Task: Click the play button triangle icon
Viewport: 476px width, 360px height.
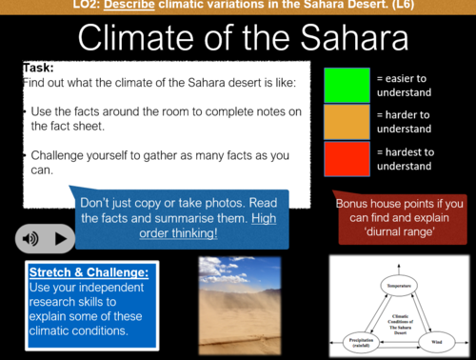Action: click(61, 238)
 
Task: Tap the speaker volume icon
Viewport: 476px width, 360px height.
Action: click(32, 238)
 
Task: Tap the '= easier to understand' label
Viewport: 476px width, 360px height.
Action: click(407, 85)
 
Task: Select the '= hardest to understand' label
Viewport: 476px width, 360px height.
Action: click(407, 159)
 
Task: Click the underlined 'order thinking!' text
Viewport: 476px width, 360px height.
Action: click(179, 233)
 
